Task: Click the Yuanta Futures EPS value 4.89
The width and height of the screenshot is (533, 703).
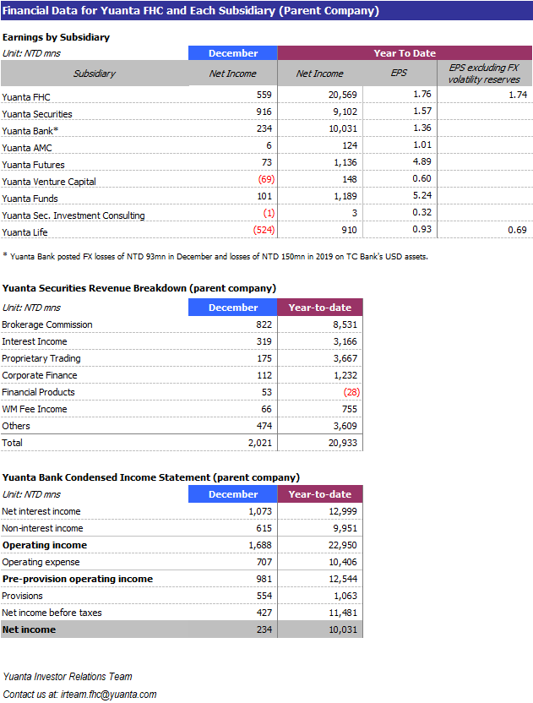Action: [422, 161]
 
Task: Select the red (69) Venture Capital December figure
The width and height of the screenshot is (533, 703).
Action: [266, 179]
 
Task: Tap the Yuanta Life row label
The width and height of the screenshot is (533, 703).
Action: [24, 232]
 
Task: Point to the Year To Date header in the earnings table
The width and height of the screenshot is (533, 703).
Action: [405, 53]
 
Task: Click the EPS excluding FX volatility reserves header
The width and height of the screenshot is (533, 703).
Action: [484, 73]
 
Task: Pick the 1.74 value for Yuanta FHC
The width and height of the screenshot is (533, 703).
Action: [518, 95]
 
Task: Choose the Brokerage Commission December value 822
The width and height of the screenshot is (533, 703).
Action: [264, 324]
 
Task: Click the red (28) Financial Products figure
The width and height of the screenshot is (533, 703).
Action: [351, 392]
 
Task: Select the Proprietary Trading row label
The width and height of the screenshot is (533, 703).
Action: [41, 358]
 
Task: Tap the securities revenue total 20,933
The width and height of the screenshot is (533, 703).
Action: [343, 443]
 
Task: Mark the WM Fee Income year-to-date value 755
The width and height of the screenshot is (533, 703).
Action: [349, 409]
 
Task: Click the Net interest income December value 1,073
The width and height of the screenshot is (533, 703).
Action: [260, 511]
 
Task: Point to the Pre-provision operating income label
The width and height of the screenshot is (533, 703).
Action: [78, 579]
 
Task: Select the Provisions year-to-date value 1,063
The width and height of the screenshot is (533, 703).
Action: [345, 596]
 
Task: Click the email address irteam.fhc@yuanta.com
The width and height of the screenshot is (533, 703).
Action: [108, 695]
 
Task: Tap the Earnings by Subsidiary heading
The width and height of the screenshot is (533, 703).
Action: [56, 37]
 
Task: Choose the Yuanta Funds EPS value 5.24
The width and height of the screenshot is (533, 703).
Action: [422, 195]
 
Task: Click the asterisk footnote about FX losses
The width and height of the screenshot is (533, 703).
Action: [215, 257]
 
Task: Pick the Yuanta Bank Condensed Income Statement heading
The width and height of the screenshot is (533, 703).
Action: [151, 477]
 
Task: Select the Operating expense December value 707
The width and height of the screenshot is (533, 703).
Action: [264, 562]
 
